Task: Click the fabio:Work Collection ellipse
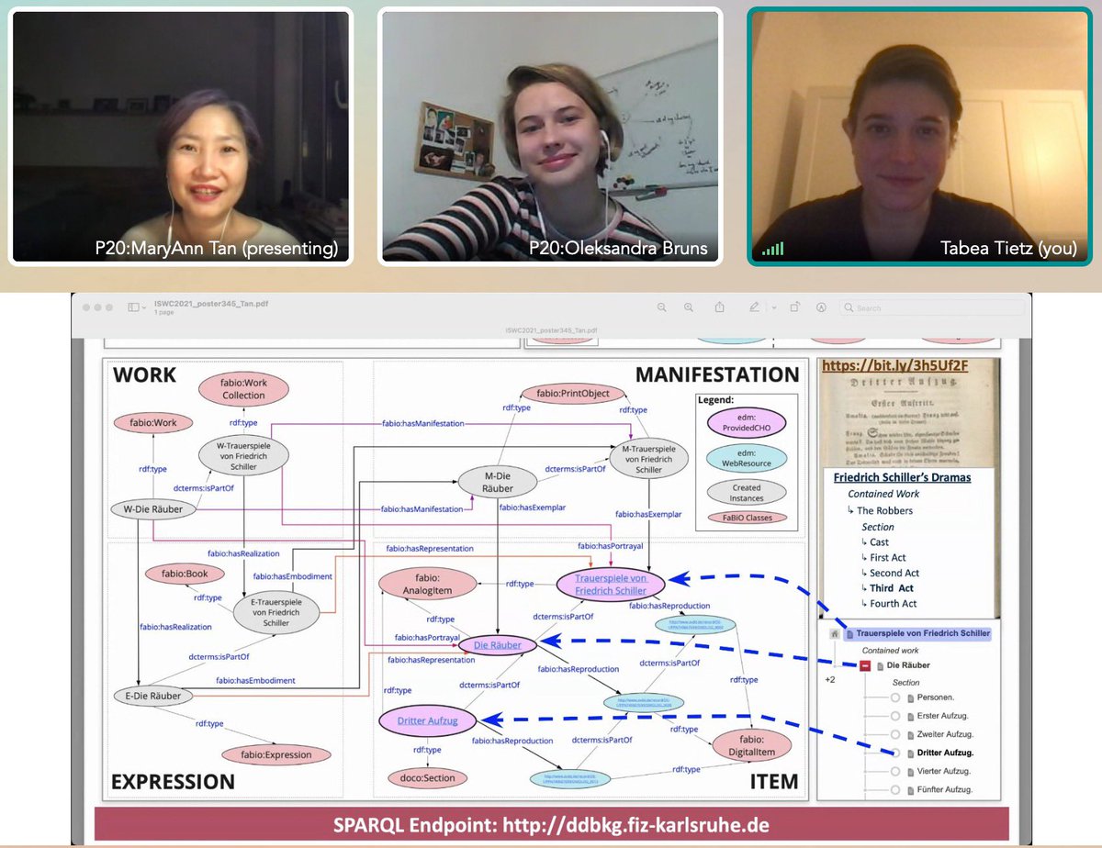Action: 242,388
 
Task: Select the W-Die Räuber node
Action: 146,509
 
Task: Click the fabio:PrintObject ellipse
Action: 573,394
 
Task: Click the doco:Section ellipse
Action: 427,777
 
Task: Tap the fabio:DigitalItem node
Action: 751,745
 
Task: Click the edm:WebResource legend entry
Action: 746,457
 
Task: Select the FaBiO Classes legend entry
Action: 746,518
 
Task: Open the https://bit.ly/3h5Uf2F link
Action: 894,365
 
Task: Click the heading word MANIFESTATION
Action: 717,374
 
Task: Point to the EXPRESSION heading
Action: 173,781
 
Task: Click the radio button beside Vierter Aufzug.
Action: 895,771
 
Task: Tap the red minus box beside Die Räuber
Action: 864,665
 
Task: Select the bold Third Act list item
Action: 891,587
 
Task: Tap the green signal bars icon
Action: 772,249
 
